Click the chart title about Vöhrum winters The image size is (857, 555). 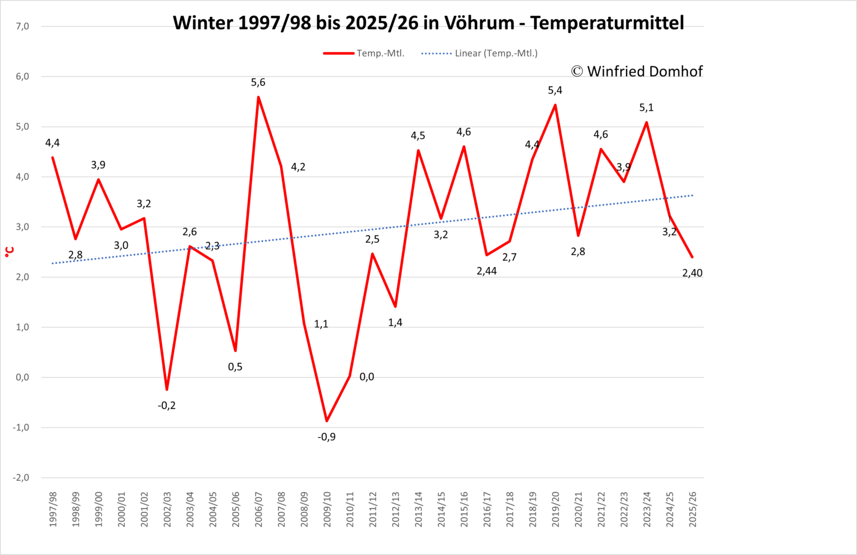pyautogui.click(x=428, y=22)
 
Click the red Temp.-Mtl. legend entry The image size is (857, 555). pyautogui.click(x=364, y=53)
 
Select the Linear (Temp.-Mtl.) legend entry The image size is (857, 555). pyautogui.click(x=479, y=53)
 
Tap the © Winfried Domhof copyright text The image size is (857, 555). pyautogui.click(x=637, y=71)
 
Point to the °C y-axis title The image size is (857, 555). pyautogui.click(x=9, y=252)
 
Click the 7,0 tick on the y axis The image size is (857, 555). pyautogui.click(x=22, y=26)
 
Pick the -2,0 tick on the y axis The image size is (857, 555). pyautogui.click(x=21, y=477)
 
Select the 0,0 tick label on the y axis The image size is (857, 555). pyautogui.click(x=22, y=377)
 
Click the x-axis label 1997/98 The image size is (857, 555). pyautogui.click(x=53, y=509)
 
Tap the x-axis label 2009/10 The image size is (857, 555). pyautogui.click(x=327, y=509)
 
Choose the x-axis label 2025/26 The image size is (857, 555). pyautogui.click(x=692, y=509)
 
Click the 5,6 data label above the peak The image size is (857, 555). pyautogui.click(x=258, y=82)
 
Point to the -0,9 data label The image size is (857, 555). pyautogui.click(x=326, y=437)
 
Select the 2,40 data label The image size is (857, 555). pyautogui.click(x=692, y=273)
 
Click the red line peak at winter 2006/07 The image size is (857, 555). pyautogui.click(x=258, y=97)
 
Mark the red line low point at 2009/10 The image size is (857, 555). pyautogui.click(x=327, y=421)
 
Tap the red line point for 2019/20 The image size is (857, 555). pyautogui.click(x=555, y=105)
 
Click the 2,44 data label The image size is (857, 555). pyautogui.click(x=487, y=271)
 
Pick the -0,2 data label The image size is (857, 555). pyautogui.click(x=166, y=405)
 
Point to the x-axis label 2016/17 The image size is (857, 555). pyautogui.click(x=487, y=509)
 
